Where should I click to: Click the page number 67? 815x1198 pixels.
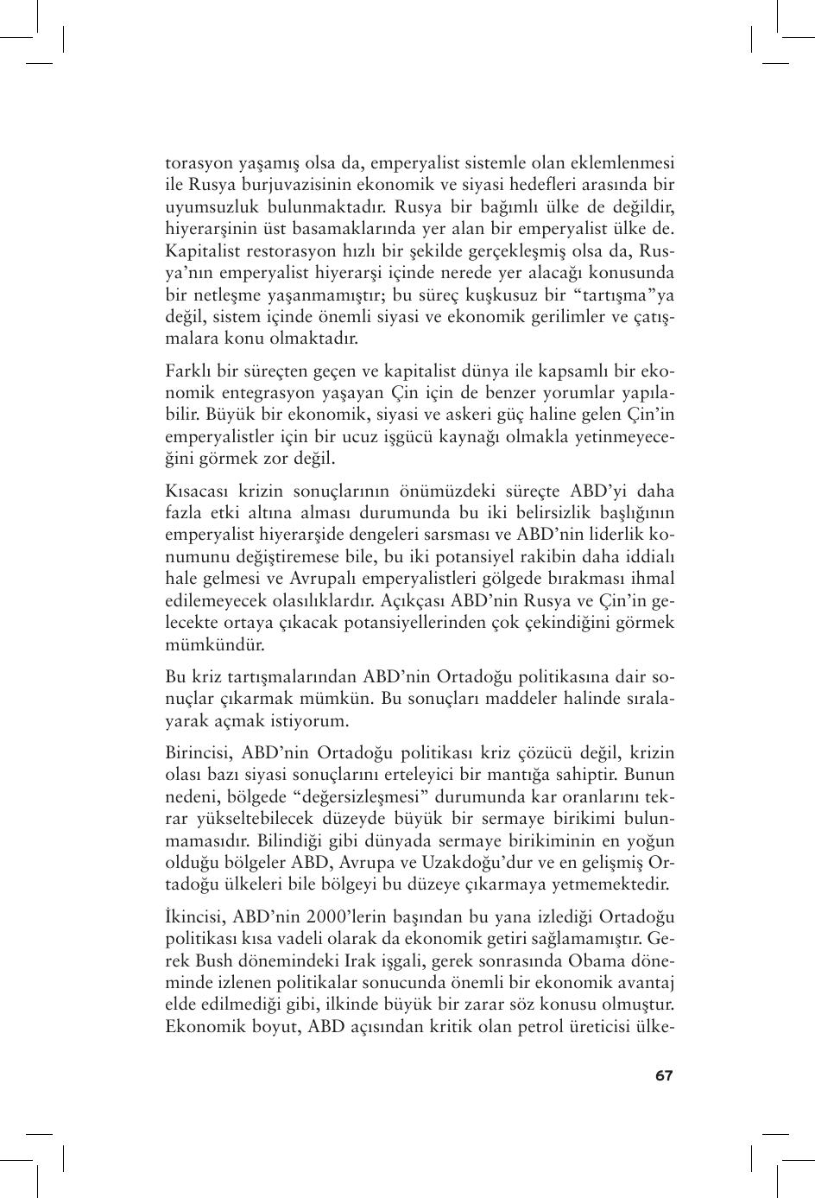click(x=663, y=1075)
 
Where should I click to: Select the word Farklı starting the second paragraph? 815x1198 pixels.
click(x=187, y=371)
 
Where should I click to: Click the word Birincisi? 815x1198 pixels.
click(x=198, y=753)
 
